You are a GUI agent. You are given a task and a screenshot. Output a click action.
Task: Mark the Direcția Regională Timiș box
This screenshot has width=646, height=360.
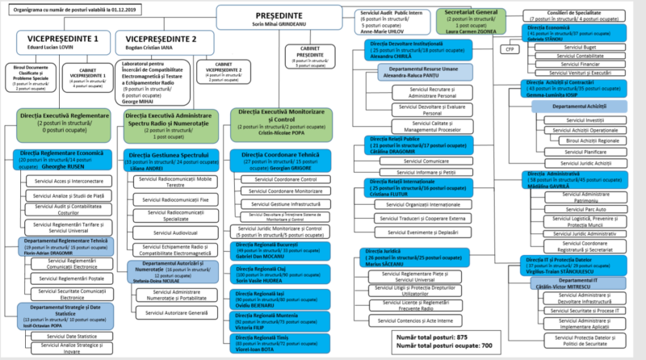tap(278, 345)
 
